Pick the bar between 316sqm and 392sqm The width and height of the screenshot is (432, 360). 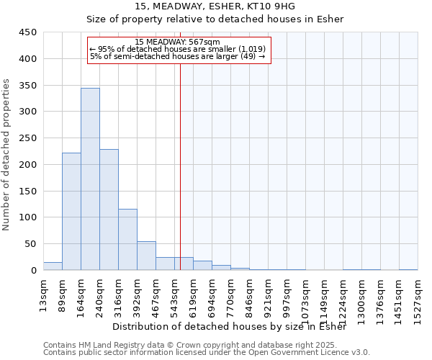[127, 239]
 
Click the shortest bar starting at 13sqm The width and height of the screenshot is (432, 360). [53, 266]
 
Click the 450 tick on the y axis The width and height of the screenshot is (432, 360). [28, 32]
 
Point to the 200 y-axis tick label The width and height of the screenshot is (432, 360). [28, 165]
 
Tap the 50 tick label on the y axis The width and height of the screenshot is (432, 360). [31, 244]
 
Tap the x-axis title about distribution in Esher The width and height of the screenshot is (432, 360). [230, 327]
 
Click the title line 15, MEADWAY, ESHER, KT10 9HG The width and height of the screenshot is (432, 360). [215, 6]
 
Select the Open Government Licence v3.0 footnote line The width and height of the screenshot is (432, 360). [207, 353]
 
